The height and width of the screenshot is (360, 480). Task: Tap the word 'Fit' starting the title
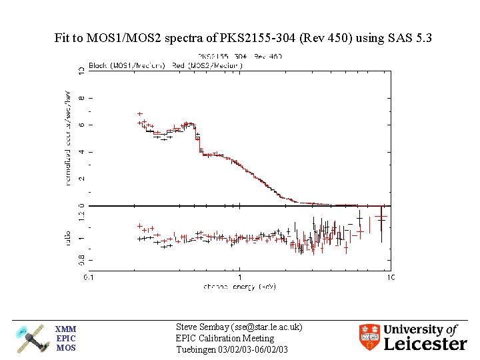click(x=62, y=39)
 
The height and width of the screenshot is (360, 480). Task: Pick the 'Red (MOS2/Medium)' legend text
click(x=207, y=65)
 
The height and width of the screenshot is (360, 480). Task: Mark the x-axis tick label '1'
click(x=240, y=277)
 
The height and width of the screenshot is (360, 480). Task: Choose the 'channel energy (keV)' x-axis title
click(x=239, y=286)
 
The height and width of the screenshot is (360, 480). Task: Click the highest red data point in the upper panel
click(x=139, y=114)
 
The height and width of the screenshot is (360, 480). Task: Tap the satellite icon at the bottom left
click(x=32, y=338)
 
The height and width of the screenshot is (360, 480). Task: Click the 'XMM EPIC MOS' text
click(x=66, y=338)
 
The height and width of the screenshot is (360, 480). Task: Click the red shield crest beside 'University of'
click(x=369, y=337)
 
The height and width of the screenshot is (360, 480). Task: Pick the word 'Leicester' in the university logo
click(x=425, y=344)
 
